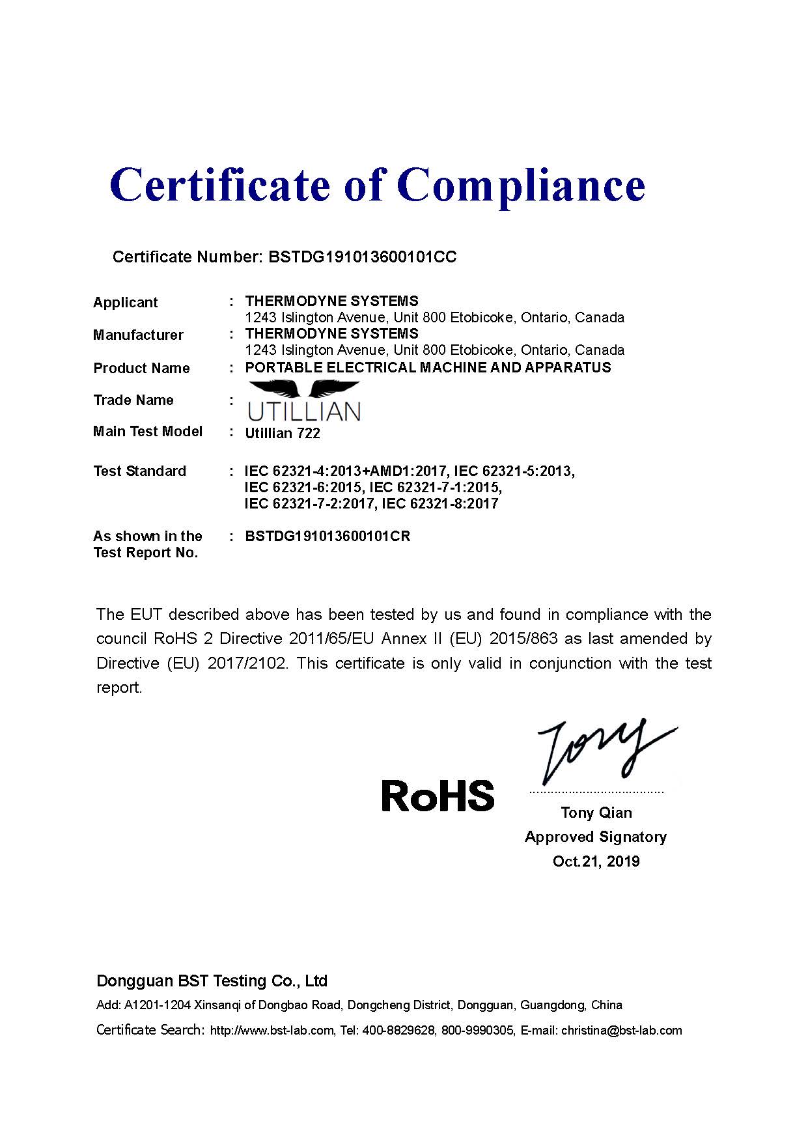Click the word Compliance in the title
pos(521,185)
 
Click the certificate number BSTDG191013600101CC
pos(362,257)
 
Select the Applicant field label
pos(125,303)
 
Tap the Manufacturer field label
pos(138,335)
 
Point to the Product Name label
pos(141,369)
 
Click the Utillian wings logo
pos(304,401)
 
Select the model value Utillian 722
pos(283,434)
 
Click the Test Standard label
pos(139,471)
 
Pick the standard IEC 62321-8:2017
pos(440,504)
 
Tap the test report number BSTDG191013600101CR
pos(327,536)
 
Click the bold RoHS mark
pos(438,796)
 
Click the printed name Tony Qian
pos(596,813)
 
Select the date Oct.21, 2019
pos(596,861)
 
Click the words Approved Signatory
pos(596,837)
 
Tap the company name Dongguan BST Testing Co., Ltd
pos(212,981)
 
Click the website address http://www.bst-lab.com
pos(272,1031)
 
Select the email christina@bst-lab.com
pos(621,1031)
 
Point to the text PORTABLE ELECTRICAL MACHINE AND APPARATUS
pos(428,368)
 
